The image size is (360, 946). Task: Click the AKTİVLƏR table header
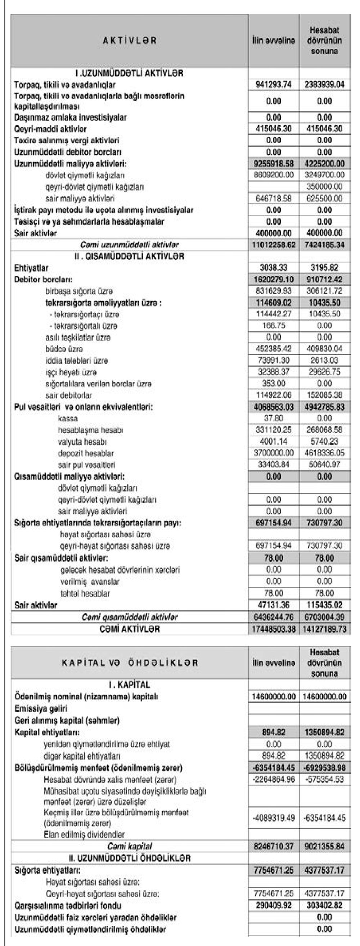click(129, 40)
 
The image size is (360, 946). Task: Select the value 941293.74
click(274, 85)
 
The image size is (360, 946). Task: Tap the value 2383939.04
click(324, 85)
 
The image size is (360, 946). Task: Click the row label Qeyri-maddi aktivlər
click(50, 129)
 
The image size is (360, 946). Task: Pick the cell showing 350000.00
click(324, 186)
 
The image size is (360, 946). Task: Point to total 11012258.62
click(274, 245)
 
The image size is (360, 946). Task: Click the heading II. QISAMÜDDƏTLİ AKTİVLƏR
click(129, 256)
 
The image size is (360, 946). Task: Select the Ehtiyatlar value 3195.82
click(324, 268)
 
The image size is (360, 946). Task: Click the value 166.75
click(274, 325)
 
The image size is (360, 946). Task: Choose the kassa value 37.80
click(274, 418)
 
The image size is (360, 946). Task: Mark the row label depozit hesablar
click(86, 453)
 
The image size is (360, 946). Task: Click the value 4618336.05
click(324, 453)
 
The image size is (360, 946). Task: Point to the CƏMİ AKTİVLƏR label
click(129, 629)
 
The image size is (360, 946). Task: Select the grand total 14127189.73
click(324, 629)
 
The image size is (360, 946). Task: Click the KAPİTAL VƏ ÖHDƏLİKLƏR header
click(129, 663)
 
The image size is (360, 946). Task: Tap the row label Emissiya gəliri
click(41, 709)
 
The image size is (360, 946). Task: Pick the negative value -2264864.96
click(274, 779)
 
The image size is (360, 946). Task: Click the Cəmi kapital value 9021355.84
click(324, 846)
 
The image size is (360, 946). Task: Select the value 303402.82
click(324, 906)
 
